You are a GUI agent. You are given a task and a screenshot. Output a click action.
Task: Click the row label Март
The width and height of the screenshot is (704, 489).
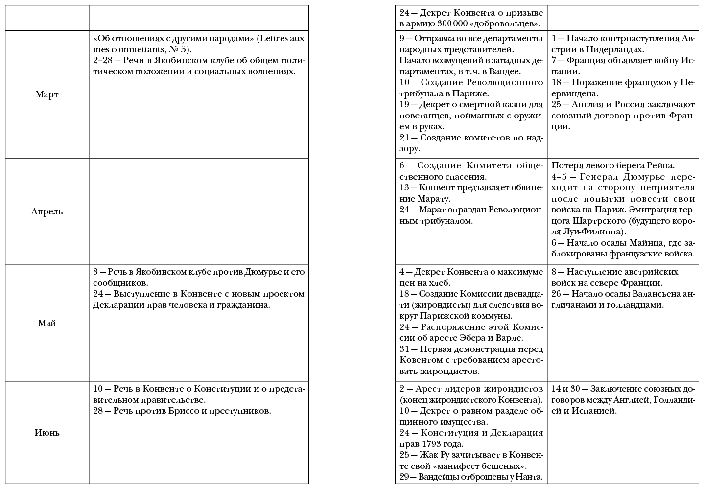tap(47, 94)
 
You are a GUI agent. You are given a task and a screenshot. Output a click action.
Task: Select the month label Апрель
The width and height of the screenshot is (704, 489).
tap(47, 211)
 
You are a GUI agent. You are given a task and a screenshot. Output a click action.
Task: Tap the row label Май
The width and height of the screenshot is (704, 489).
tap(47, 323)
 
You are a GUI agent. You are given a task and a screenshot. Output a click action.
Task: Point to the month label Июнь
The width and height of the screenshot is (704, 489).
tap(47, 433)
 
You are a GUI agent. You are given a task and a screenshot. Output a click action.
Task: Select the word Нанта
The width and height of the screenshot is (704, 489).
tap(531, 477)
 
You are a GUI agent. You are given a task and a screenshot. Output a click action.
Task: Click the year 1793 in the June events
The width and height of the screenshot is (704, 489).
tap(431, 444)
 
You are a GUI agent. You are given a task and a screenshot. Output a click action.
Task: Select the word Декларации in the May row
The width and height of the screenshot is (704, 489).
tap(117, 305)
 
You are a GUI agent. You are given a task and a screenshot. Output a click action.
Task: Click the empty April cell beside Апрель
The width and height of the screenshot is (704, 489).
tap(199, 211)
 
